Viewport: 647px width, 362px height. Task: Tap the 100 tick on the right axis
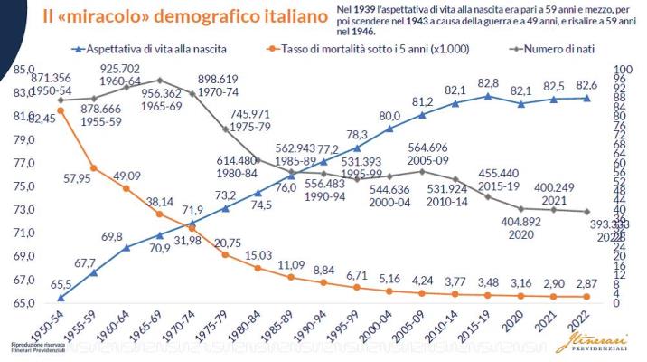623,70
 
